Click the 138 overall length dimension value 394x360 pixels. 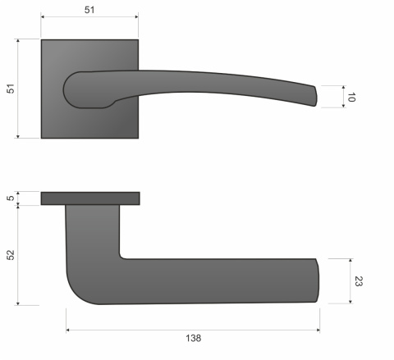click(x=193, y=338)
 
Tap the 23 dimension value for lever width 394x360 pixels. click(x=358, y=281)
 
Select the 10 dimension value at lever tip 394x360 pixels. click(x=352, y=97)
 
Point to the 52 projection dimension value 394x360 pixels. click(x=11, y=255)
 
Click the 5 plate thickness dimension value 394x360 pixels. click(x=11, y=198)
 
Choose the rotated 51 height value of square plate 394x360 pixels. click(x=11, y=89)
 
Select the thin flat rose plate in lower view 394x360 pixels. click(x=89, y=198)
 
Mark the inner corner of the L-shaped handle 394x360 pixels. click(x=123, y=255)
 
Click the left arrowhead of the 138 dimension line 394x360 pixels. click(x=68, y=330)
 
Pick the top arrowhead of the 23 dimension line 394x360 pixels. click(x=350, y=260)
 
